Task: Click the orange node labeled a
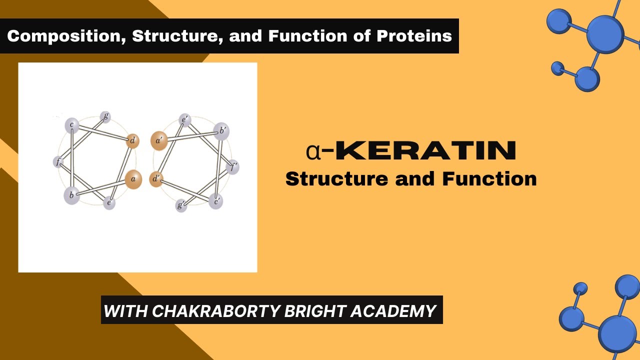click(133, 179)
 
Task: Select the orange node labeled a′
click(159, 141)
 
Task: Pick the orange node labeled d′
click(156, 179)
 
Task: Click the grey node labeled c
click(72, 124)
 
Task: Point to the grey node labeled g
click(105, 116)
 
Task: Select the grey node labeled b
click(71, 195)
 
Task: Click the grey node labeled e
click(109, 203)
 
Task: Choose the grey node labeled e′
click(184, 120)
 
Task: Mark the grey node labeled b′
click(221, 131)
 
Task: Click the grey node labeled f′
click(232, 166)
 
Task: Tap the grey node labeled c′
click(216, 201)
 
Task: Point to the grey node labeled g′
click(181, 205)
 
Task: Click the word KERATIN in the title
click(425, 150)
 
